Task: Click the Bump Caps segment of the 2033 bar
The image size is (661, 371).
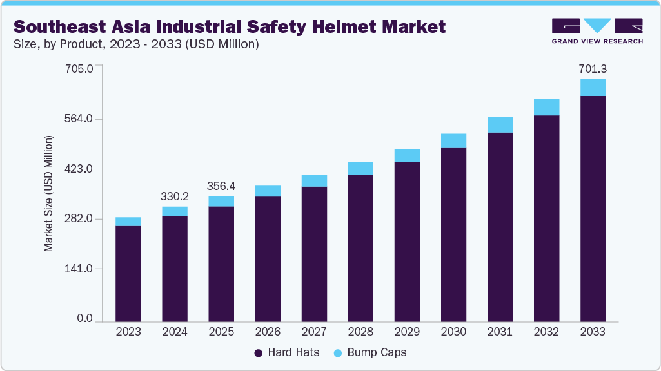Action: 593,88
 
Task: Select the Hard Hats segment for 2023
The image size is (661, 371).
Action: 128,273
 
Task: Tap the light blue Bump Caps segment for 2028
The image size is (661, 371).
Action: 360,169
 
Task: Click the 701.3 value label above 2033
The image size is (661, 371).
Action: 593,69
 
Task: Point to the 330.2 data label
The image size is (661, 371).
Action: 175,196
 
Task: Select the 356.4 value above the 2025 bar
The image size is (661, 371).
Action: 221,186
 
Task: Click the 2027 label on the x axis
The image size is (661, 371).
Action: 314,332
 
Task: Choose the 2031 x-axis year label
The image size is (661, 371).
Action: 500,332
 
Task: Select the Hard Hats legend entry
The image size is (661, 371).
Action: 287,353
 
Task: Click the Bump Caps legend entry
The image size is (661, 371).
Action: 370,353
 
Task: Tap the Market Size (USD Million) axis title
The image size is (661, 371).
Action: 48,193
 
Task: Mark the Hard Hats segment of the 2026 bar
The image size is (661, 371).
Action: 268,258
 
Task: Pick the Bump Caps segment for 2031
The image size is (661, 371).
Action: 500,125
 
